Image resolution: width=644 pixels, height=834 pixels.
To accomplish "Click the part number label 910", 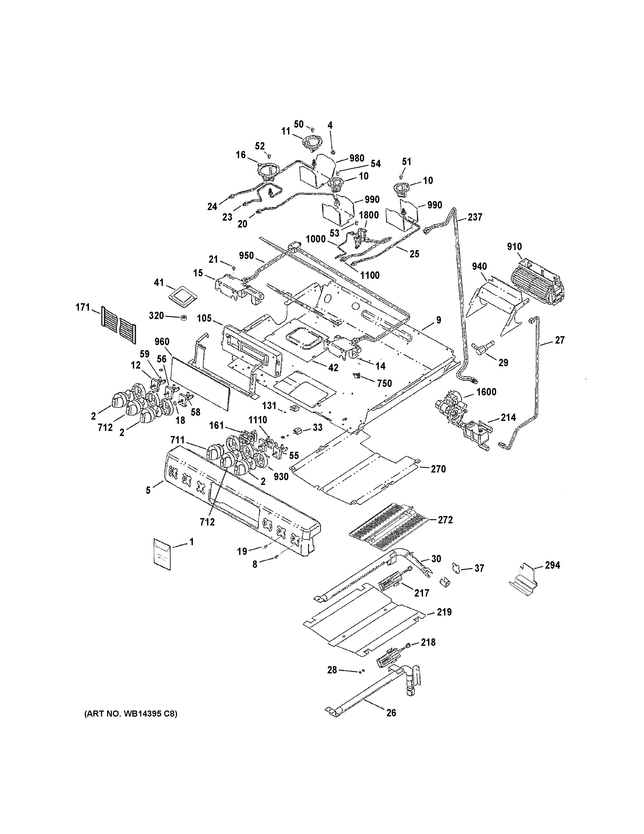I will point(514,247).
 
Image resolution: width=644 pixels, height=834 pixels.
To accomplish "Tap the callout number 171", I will point(83,307).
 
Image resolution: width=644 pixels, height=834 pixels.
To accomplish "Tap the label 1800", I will point(369,215).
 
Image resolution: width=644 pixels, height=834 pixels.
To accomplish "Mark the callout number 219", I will point(444,612).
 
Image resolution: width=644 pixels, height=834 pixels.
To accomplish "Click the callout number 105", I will point(204,318).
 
